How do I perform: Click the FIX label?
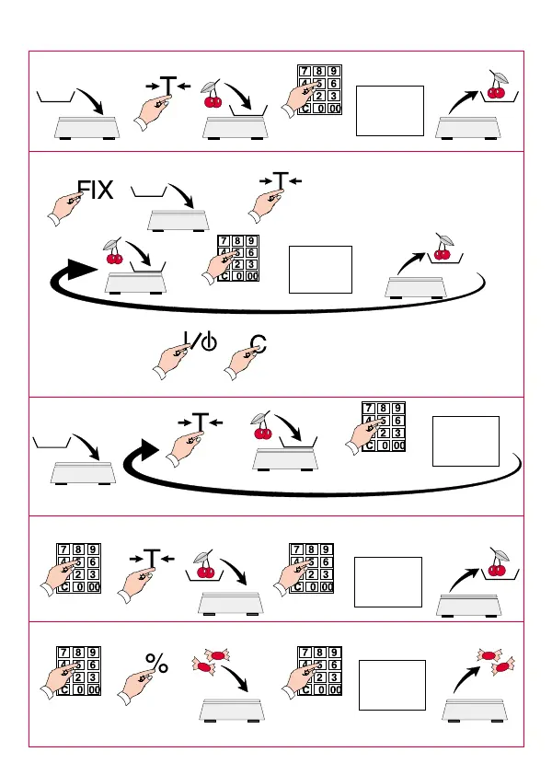[96, 191]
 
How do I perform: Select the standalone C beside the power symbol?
[259, 345]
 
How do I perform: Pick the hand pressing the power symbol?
[176, 359]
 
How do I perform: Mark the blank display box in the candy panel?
[392, 685]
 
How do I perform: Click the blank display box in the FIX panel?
[320, 269]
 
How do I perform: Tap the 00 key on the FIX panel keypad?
[250, 275]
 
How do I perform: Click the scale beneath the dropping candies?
[232, 710]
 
